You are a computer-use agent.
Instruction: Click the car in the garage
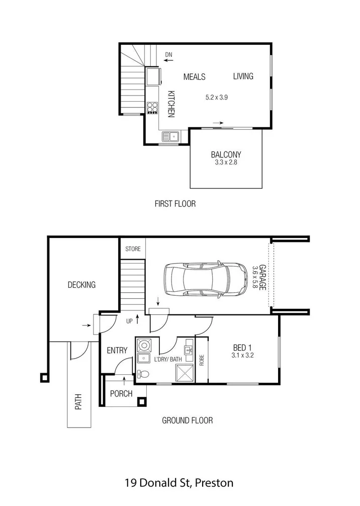tap(205, 281)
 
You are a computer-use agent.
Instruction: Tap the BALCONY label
tap(226, 155)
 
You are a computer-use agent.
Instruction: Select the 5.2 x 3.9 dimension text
tap(217, 98)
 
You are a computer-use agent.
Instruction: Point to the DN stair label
tap(168, 54)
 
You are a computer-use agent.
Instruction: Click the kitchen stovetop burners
tap(152, 108)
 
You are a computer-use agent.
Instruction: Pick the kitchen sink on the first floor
tap(169, 136)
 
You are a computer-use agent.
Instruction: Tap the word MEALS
tap(194, 77)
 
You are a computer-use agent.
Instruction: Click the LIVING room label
tap(243, 76)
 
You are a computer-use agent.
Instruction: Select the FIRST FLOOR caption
tap(175, 204)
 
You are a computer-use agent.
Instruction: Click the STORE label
tap(133, 248)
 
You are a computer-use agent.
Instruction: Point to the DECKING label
tap(81, 285)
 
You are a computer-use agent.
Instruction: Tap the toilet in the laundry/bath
tap(142, 374)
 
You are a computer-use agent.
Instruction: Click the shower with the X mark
tap(184, 374)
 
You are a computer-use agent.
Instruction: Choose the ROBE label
tap(202, 360)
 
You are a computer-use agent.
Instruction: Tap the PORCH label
tap(121, 393)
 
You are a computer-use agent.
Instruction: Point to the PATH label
tap(78, 403)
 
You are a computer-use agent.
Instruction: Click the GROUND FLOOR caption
tap(187, 420)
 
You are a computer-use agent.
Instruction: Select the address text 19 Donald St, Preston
tap(179, 483)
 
